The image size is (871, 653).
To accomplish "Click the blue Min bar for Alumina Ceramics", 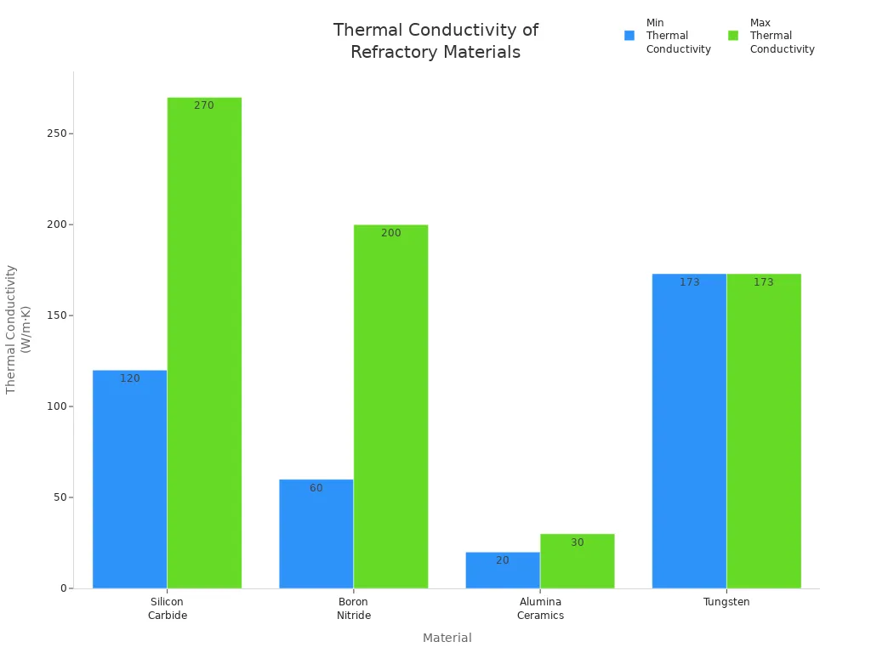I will (503, 571).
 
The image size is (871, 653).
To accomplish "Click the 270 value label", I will (204, 105).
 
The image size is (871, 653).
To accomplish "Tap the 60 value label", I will (316, 488).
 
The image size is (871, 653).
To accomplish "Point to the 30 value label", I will (578, 542).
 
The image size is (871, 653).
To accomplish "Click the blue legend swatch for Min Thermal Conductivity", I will (629, 36).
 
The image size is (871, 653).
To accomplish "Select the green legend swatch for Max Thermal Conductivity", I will (733, 36).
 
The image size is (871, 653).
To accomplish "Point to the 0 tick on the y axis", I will (63, 588).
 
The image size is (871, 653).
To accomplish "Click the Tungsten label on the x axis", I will (726, 602).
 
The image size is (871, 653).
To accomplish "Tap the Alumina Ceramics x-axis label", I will (540, 609).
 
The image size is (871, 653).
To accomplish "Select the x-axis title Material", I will (447, 638).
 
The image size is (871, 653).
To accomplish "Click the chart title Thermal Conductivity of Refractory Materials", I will (435, 41).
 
